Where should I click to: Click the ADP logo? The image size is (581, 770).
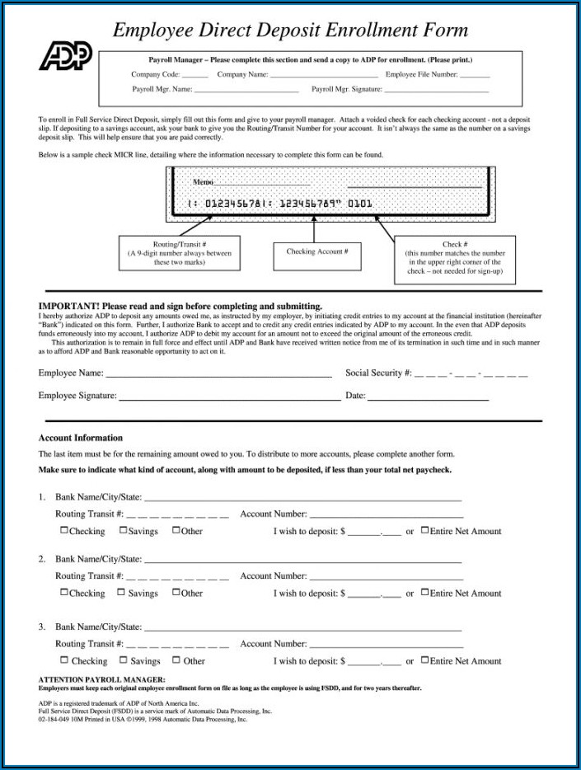point(65,55)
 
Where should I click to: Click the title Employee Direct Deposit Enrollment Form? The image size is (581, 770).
point(290,31)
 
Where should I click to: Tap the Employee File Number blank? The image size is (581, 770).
point(474,75)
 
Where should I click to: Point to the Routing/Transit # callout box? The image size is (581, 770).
point(180,252)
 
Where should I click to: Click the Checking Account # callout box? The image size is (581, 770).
point(317,252)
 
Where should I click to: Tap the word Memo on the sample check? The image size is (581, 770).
point(203,182)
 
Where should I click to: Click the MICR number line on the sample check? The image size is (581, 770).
point(280,203)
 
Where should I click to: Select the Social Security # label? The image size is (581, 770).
point(377,373)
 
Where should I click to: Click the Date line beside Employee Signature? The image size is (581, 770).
point(428,398)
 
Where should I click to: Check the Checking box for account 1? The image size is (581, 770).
point(64,531)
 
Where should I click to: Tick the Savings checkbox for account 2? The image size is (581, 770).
point(122,593)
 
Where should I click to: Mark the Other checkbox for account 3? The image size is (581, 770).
point(176,660)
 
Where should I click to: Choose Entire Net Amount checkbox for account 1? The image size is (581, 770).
point(424,531)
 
